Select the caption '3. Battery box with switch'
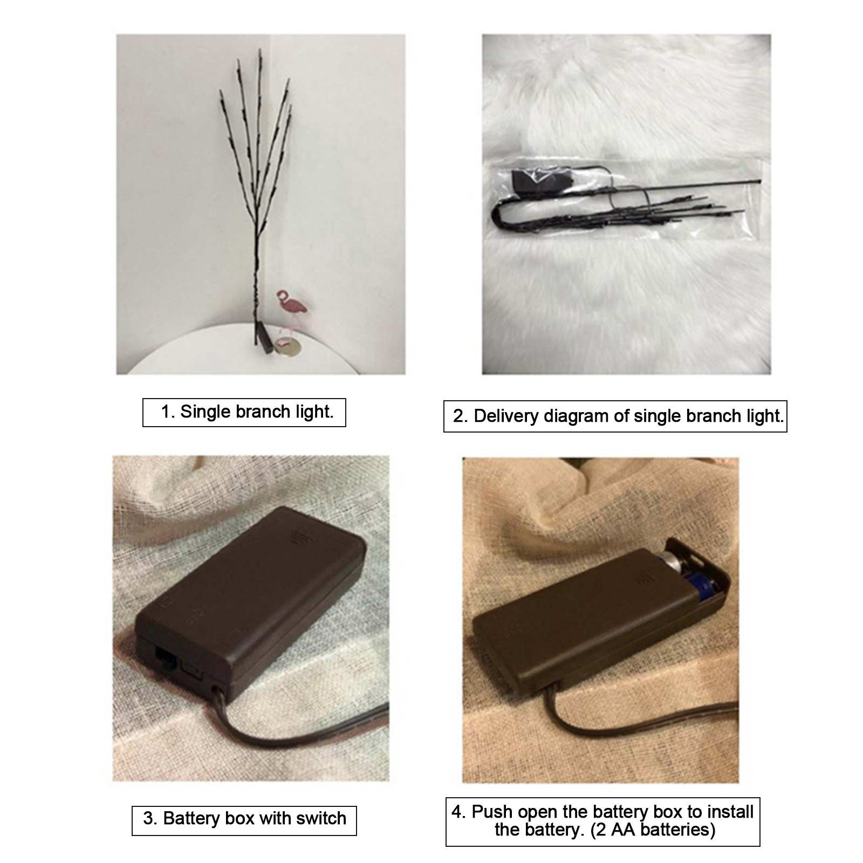pyautogui.click(x=244, y=818)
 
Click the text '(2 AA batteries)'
pyautogui.click(x=653, y=830)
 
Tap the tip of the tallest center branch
pyautogui.click(x=260, y=50)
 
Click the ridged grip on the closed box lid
pyautogui.click(x=296, y=537)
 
